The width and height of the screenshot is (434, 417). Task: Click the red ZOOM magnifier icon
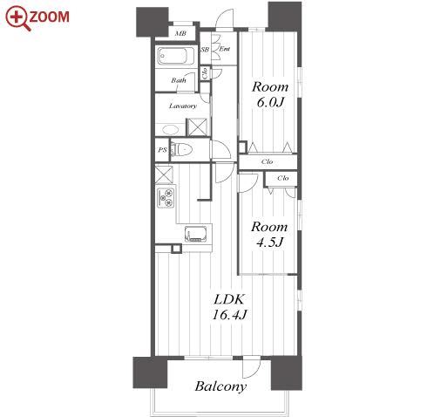click(x=17, y=18)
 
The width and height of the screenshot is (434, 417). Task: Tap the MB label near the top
click(x=180, y=33)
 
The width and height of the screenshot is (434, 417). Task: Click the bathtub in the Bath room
click(x=172, y=56)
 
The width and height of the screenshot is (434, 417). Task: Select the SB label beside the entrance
click(x=205, y=50)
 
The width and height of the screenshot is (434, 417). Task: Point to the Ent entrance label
click(x=224, y=49)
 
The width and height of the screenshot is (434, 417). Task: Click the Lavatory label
click(x=183, y=106)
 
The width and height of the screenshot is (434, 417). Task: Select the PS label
click(x=162, y=150)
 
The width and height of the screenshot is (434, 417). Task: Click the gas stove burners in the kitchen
click(x=166, y=198)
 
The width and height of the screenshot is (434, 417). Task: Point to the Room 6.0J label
click(x=270, y=94)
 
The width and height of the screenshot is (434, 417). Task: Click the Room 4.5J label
click(x=269, y=234)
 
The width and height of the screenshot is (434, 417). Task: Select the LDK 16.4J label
click(x=229, y=306)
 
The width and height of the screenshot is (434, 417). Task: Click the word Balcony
click(x=220, y=386)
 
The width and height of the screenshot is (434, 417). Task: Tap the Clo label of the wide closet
click(x=267, y=161)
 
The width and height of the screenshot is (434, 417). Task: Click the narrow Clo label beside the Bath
click(x=205, y=73)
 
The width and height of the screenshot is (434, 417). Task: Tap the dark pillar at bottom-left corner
click(x=150, y=373)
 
